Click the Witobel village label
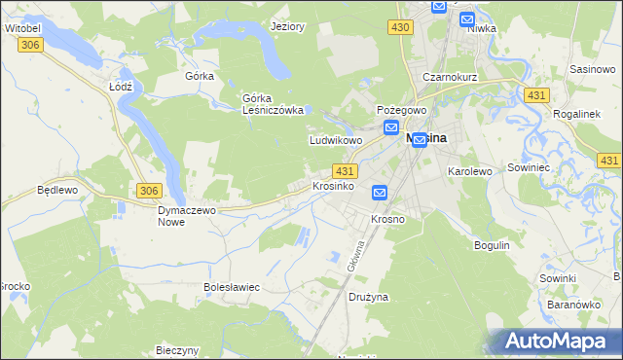tap(22, 29)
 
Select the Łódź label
tap(120, 86)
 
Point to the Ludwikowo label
tap(336, 140)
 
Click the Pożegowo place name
tap(401, 111)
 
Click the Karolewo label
tap(469, 170)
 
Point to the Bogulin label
tap(492, 245)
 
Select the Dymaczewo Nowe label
tap(185, 215)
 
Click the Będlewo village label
tap(56, 190)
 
